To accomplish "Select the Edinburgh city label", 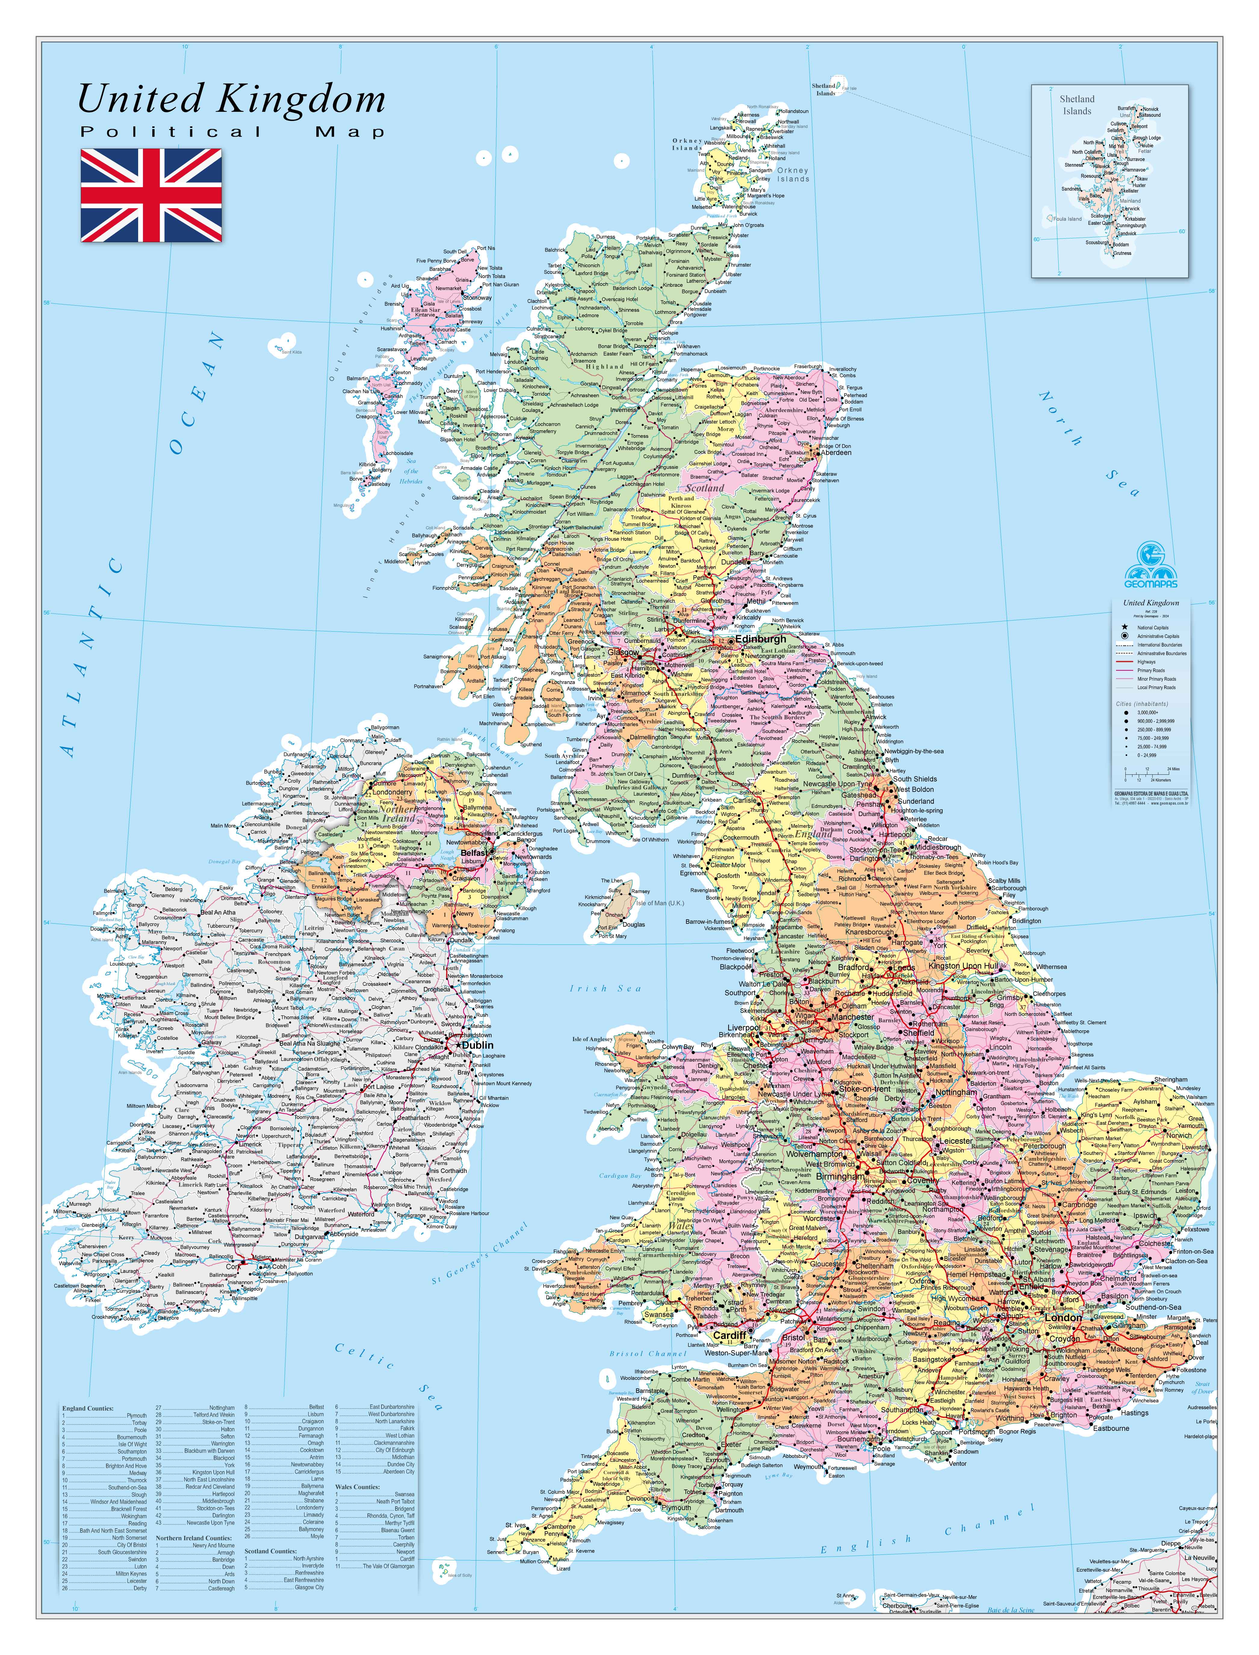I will (x=761, y=639).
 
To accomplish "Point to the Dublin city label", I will (x=477, y=1045).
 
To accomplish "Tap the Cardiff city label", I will (x=729, y=1335).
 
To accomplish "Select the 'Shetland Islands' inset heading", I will (x=1077, y=105).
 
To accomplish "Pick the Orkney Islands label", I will (x=793, y=175).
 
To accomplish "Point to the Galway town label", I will (x=211, y=1042).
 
